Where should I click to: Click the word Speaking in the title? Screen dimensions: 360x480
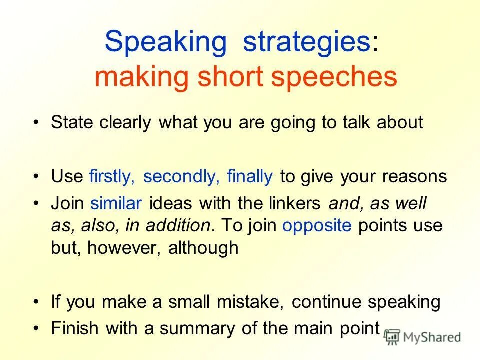pos(165,42)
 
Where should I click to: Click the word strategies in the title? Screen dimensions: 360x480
pos(306,42)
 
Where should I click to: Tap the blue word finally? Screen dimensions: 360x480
pos(250,176)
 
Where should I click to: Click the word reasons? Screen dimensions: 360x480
pos(415,176)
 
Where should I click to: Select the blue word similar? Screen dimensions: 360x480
pos(116,203)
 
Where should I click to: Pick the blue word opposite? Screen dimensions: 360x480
pos(317,225)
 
